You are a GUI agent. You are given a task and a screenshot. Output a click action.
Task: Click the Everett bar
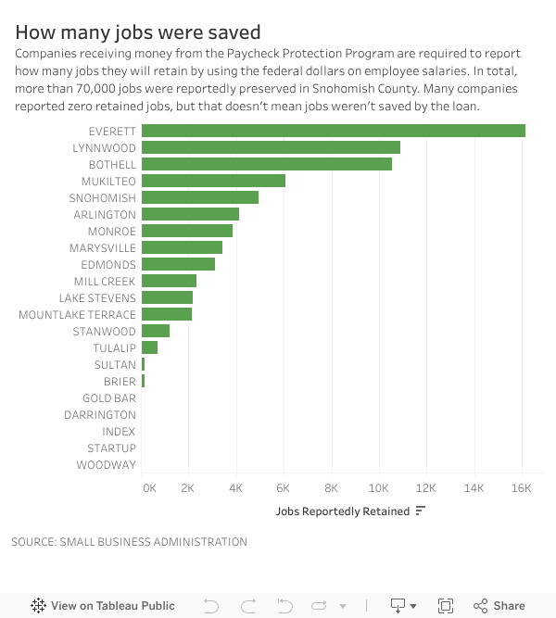(334, 131)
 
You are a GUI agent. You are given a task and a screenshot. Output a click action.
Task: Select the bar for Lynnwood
(271, 147)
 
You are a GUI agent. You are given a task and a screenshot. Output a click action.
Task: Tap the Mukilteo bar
(213, 181)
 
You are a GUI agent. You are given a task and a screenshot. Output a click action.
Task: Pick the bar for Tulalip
(150, 347)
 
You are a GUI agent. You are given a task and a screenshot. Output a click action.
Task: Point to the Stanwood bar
(156, 331)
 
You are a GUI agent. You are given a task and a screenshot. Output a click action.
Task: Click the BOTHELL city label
(112, 165)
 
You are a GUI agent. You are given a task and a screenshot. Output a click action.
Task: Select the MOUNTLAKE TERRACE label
(77, 315)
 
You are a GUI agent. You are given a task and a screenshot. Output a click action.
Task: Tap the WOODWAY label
(106, 465)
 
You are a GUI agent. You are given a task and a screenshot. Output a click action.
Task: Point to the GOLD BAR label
(109, 398)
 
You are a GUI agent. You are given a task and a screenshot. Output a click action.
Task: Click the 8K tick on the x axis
(332, 487)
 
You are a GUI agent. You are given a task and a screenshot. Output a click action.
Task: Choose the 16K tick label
(521, 487)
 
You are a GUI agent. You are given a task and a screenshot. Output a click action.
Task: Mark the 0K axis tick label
(149, 487)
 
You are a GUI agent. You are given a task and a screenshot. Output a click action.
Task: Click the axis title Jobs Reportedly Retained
(342, 511)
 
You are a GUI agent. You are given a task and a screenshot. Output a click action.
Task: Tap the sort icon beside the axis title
(421, 511)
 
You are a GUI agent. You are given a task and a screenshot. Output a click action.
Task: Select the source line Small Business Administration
(129, 542)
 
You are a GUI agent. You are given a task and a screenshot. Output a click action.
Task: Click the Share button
(499, 606)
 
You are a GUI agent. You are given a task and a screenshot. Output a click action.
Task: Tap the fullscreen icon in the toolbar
(446, 606)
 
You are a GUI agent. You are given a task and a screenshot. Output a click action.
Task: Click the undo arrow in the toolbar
(211, 606)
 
